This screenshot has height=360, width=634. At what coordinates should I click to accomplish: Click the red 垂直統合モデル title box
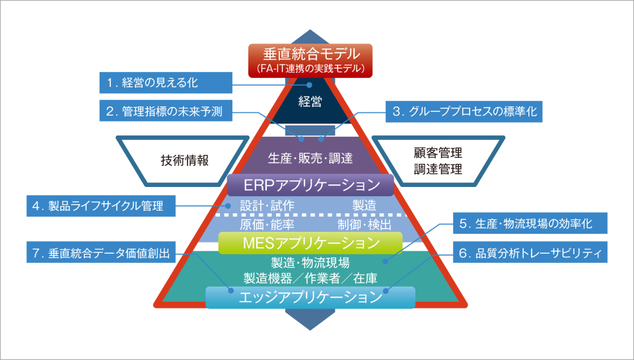tap(310, 59)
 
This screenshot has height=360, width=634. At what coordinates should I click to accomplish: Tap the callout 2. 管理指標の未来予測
tap(168, 112)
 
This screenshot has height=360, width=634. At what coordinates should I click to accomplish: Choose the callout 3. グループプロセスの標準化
tap(464, 112)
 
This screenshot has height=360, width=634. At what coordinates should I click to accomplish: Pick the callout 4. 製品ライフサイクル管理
tap(102, 205)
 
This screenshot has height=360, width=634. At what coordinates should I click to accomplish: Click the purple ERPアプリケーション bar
tap(310, 185)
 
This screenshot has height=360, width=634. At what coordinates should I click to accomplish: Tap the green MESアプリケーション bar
tap(310, 242)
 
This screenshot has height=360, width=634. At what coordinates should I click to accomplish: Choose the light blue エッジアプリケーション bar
tap(310, 297)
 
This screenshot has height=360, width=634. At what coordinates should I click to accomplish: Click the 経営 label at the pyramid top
tap(310, 102)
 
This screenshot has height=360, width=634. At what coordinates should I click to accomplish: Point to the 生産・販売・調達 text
tap(310, 159)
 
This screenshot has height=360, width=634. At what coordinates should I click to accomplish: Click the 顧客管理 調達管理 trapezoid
tap(438, 160)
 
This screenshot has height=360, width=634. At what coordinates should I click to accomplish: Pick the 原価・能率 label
tap(263, 224)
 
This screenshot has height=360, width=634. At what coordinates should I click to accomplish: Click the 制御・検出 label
tap(364, 224)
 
